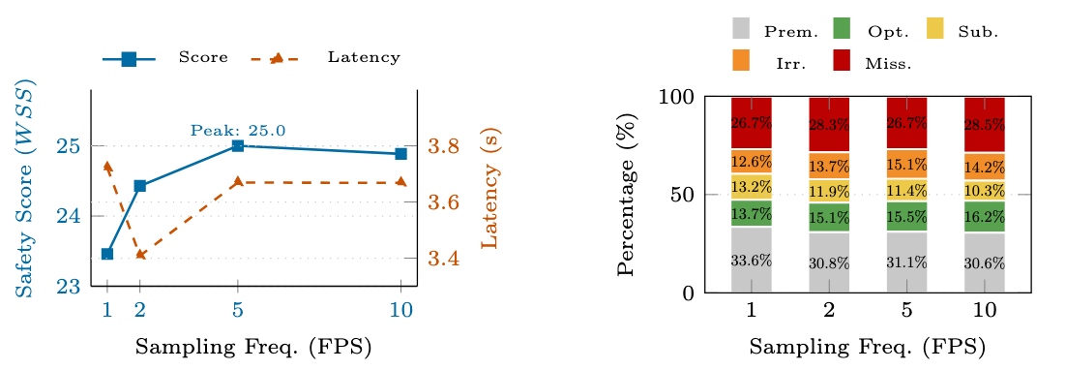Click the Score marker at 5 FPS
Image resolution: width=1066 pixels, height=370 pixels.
click(x=238, y=146)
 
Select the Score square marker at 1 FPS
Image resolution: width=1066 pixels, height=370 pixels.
click(x=107, y=254)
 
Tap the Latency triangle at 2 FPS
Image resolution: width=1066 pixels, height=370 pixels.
click(x=139, y=255)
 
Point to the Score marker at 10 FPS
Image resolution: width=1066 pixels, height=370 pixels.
click(x=401, y=153)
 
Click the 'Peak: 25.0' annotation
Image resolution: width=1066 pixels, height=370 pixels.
click(x=238, y=131)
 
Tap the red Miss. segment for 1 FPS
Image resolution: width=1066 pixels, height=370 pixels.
click(x=752, y=122)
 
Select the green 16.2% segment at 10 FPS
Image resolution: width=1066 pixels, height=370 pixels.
click(x=985, y=216)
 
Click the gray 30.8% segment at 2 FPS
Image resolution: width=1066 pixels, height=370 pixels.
click(x=829, y=262)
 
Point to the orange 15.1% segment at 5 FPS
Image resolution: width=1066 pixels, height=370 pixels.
click(x=907, y=164)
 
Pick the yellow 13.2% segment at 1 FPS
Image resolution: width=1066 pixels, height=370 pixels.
click(x=752, y=187)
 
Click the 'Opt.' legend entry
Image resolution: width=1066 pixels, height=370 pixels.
click(x=875, y=31)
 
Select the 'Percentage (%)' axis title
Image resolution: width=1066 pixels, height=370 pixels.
click(x=627, y=196)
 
